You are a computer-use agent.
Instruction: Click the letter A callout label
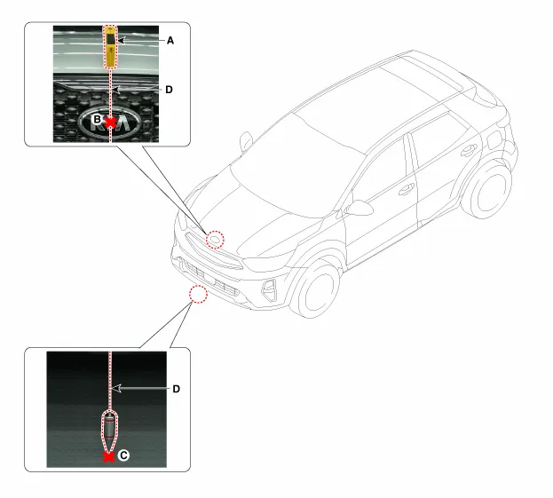[x=170, y=41]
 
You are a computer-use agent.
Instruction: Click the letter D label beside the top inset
[x=170, y=90]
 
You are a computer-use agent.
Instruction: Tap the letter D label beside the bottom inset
[x=177, y=389]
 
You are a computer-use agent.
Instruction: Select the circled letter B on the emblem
[x=97, y=119]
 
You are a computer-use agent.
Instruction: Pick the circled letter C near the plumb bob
[x=123, y=455]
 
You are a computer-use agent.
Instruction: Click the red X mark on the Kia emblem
[x=111, y=123]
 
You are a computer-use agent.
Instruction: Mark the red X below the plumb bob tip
[x=108, y=457]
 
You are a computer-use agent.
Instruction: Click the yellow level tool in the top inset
[x=111, y=46]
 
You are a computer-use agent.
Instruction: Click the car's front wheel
[x=314, y=290]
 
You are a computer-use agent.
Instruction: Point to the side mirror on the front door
[x=359, y=208]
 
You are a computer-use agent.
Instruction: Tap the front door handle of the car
[x=407, y=189]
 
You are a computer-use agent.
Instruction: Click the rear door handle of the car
[x=469, y=150]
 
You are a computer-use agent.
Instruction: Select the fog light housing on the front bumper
[x=270, y=290]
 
